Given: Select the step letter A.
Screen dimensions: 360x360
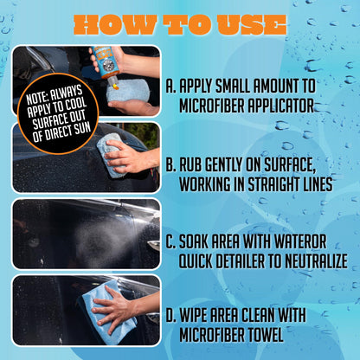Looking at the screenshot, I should tap(170, 87).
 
